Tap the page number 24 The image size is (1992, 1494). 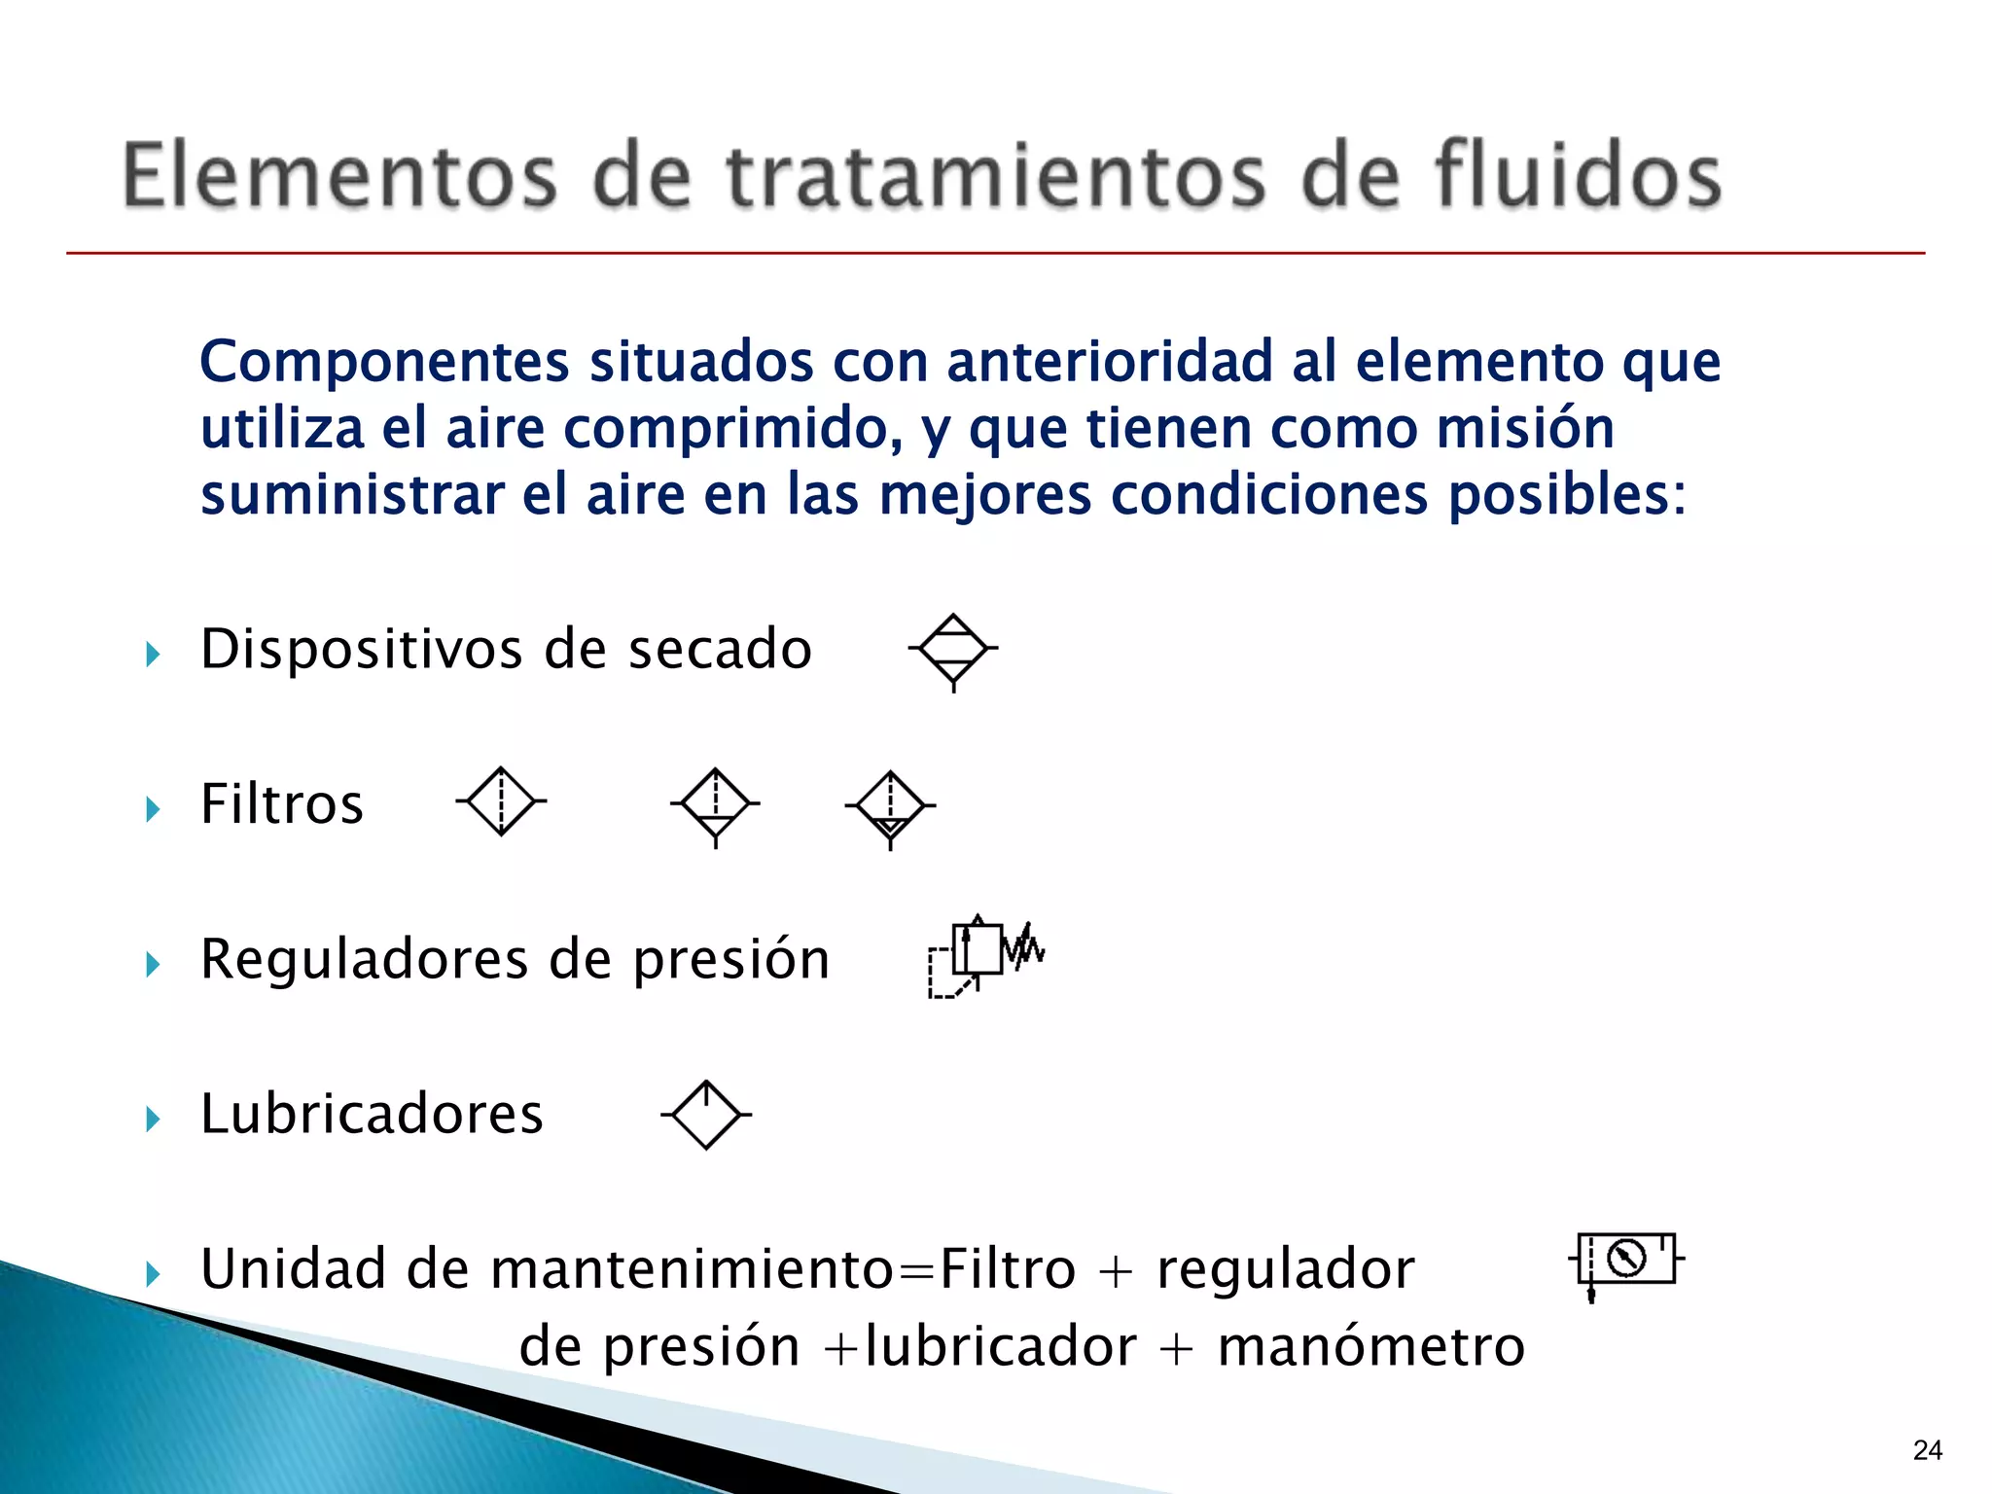(x=1927, y=1450)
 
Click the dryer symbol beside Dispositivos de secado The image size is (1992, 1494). (x=953, y=650)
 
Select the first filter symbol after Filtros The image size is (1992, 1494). (x=501, y=801)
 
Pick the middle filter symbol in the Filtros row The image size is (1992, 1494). (x=716, y=805)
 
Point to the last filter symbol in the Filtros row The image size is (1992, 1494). (x=890, y=807)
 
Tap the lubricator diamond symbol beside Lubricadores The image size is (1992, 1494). (x=706, y=1115)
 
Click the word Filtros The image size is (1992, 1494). (x=282, y=804)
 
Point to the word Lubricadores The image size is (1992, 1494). (x=372, y=1115)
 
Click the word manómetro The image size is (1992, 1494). (x=1370, y=1347)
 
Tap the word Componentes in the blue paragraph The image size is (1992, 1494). (x=384, y=363)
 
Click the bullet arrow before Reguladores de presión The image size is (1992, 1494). (x=153, y=964)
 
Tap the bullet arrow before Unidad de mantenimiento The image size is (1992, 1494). (x=153, y=1273)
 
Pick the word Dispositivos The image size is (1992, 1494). (x=361, y=649)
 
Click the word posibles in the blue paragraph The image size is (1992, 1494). (x=1566, y=495)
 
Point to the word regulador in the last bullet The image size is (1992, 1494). (x=1285, y=1269)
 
